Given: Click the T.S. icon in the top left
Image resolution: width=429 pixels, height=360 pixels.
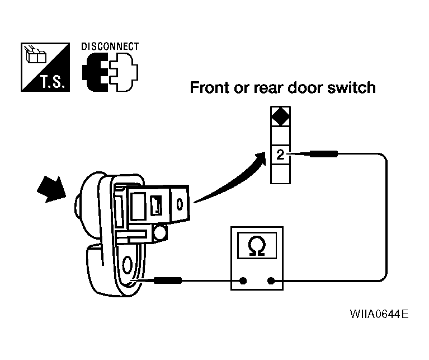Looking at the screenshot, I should (x=45, y=67).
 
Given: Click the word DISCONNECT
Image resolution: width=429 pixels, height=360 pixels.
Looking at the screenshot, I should (x=110, y=46).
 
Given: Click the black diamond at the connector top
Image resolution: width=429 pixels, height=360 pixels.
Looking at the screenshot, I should (x=280, y=118).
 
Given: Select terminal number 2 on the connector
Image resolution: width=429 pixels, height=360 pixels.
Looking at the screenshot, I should (x=280, y=155).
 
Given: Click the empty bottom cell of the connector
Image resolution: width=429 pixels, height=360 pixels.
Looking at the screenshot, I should (x=280, y=174).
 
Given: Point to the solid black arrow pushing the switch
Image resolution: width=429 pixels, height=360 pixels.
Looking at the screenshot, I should (x=49, y=190).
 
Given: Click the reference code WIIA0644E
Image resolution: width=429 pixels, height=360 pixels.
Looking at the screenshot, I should (x=379, y=313).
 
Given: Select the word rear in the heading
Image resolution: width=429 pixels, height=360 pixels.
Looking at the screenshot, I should (x=272, y=88).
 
